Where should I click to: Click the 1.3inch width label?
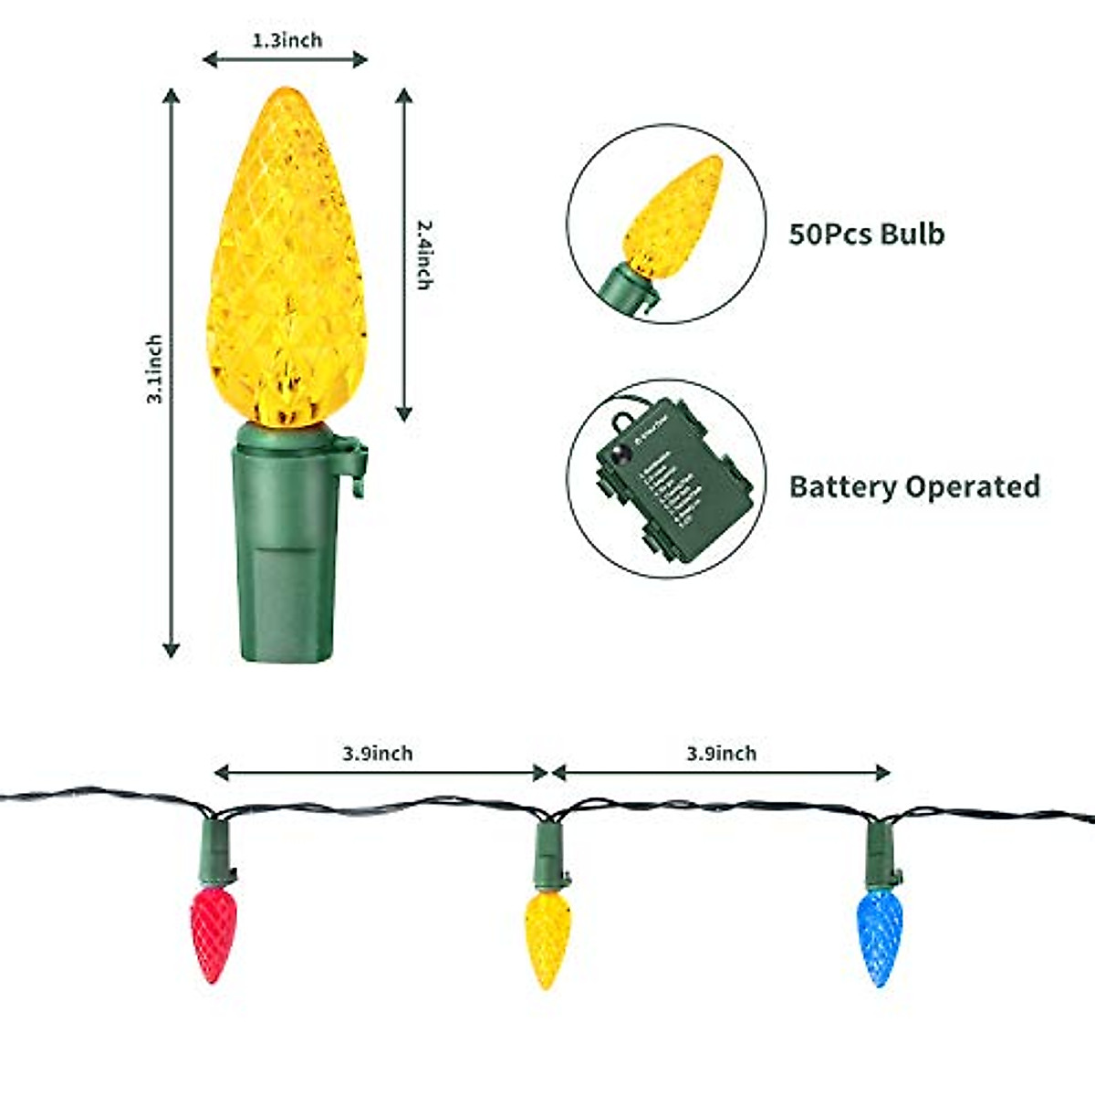(x=287, y=40)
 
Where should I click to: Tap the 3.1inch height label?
(x=155, y=369)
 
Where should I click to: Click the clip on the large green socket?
(x=356, y=465)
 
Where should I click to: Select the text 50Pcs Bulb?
(x=866, y=234)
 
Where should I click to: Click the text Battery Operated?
(x=914, y=486)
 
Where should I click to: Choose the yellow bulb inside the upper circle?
(x=673, y=218)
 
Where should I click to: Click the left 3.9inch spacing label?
(x=377, y=754)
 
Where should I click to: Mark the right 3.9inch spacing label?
(x=721, y=754)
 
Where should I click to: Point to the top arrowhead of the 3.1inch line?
(x=171, y=95)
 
